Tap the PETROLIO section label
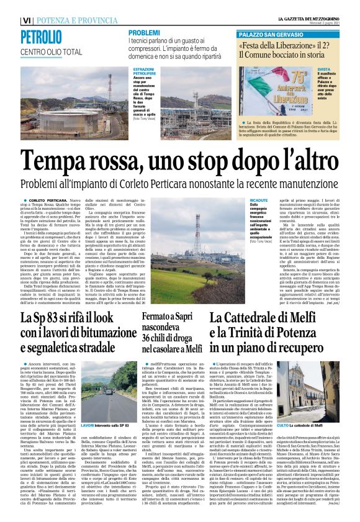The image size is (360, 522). pyautogui.click(x=40, y=36)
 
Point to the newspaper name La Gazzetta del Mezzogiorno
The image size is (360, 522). pyautogui.click(x=307, y=19)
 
